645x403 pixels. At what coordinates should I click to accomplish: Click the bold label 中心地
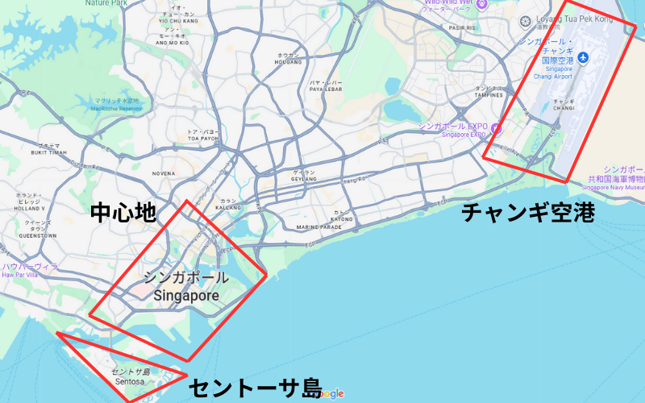pyautogui.click(x=122, y=213)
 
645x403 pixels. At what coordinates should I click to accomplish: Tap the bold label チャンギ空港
pyautogui.click(x=527, y=213)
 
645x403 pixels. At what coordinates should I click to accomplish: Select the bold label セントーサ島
pyautogui.click(x=255, y=388)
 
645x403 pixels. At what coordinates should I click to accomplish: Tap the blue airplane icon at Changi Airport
pyautogui.click(x=583, y=57)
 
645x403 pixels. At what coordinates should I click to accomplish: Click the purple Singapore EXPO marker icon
pyautogui.click(x=496, y=128)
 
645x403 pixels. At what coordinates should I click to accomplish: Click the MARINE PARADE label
pyautogui.click(x=319, y=227)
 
